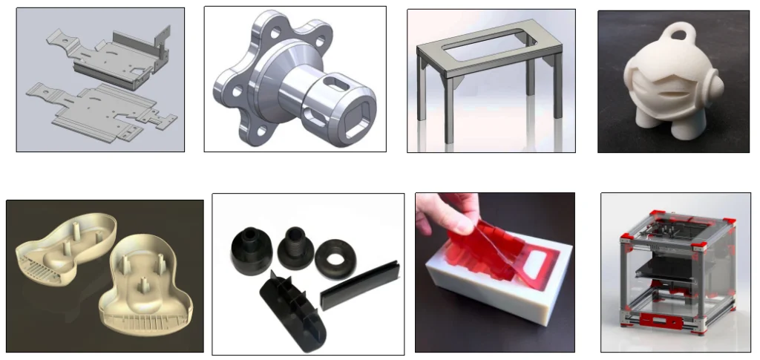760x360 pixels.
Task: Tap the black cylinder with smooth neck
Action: pos(252,249)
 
